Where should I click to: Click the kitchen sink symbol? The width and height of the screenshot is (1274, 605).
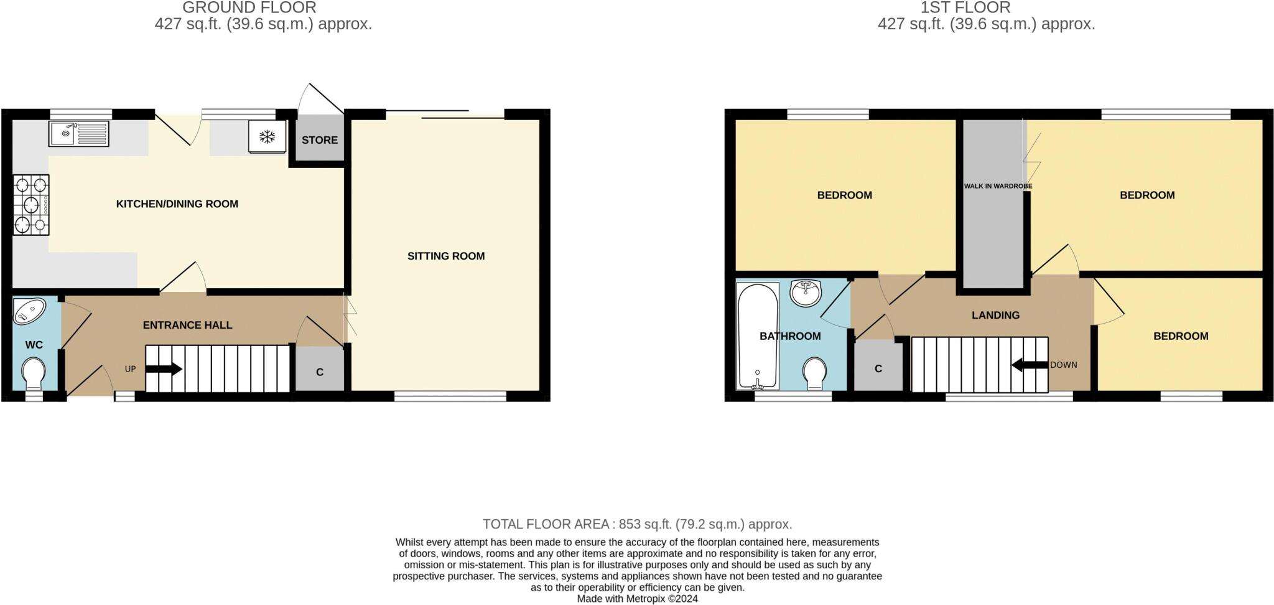coord(78,134)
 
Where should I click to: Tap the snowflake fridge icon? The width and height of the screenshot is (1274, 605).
coord(267,136)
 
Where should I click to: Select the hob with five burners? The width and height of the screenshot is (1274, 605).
coord(31,205)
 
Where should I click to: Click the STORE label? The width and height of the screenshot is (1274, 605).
coord(320,140)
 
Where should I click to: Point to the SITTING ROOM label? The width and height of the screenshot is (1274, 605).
coord(445,256)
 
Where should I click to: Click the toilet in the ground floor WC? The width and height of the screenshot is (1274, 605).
coord(34,373)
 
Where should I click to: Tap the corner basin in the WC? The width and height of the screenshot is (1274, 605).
coord(29,311)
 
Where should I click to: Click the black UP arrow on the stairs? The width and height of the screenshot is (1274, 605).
coord(164,368)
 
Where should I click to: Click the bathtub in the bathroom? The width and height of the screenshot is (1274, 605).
coord(757,336)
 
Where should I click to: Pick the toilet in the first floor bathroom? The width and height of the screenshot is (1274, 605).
coord(814,373)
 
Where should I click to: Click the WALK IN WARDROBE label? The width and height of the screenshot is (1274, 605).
coord(998,186)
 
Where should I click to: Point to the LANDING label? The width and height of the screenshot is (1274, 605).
coord(995,315)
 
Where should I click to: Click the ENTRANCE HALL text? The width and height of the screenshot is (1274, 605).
coord(187,325)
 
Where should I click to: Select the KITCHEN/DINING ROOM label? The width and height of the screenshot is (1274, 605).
coord(177,204)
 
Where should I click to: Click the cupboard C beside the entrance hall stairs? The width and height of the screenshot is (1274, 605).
coord(320,372)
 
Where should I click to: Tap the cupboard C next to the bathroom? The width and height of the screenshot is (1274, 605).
coord(878,368)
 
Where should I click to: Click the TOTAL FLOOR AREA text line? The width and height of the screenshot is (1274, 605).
coord(637,524)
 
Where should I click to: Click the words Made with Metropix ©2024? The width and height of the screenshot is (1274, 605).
coord(637,599)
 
